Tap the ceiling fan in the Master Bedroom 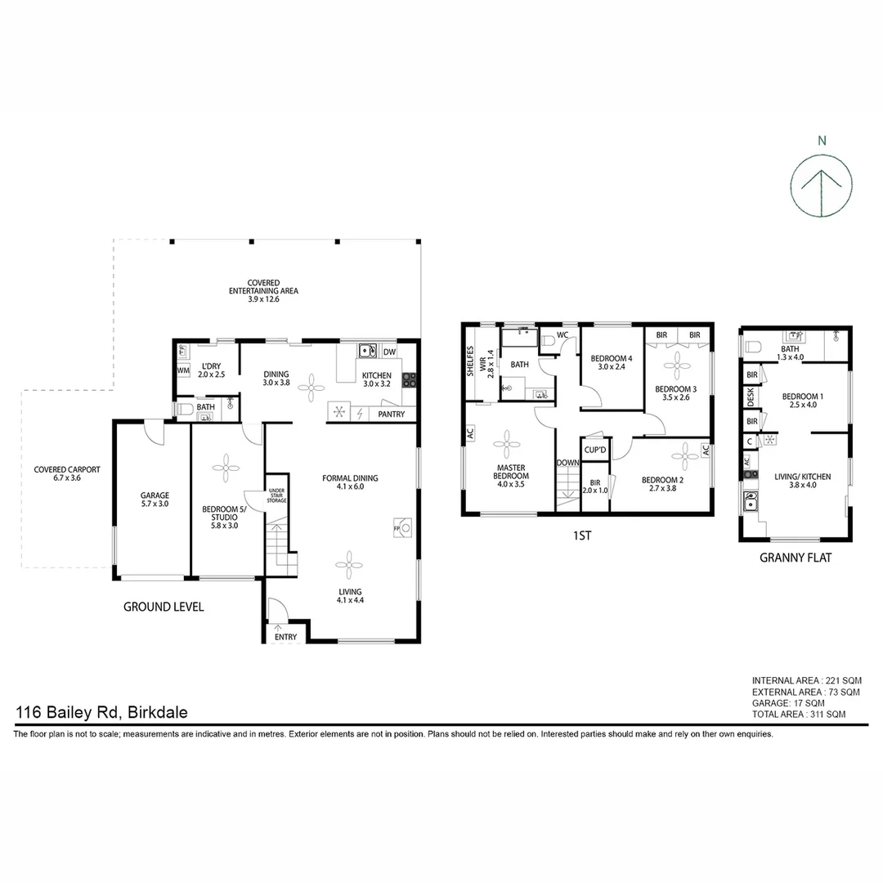(506, 445)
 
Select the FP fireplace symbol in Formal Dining (401, 526)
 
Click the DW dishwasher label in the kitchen (390, 352)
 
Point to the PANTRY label (391, 415)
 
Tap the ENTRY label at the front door (286, 636)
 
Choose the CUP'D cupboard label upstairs (594, 450)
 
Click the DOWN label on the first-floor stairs (567, 463)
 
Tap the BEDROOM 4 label (612, 358)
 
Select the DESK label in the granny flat (751, 398)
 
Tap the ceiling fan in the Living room (350, 564)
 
